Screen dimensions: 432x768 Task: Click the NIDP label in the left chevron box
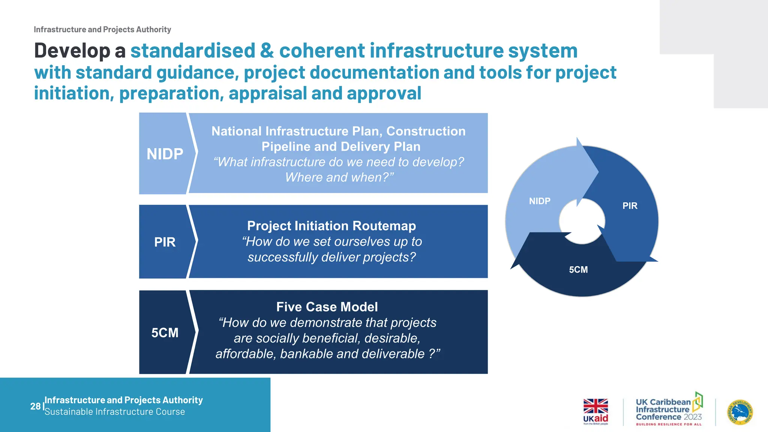[x=165, y=154]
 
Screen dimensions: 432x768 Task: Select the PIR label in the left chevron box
[x=165, y=242]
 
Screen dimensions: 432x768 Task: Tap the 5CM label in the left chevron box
[x=165, y=333]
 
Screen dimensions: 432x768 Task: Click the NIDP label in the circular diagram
[x=540, y=201]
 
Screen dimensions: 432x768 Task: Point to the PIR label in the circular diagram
[x=630, y=205]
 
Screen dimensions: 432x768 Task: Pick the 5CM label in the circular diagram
[x=578, y=270]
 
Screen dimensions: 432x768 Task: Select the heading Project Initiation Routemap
[x=331, y=226]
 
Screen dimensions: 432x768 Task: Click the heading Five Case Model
[x=327, y=307]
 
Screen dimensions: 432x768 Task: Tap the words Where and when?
[x=339, y=177]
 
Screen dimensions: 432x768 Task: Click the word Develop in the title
[x=72, y=51]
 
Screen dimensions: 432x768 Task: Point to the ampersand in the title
[x=267, y=51]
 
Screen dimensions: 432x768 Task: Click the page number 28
[x=35, y=406]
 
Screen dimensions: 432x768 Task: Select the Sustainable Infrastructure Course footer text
[x=115, y=412]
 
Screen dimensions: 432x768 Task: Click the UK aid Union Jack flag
[x=595, y=406]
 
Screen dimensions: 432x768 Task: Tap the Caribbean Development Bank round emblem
[x=740, y=412]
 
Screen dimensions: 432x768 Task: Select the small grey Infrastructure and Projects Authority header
[x=102, y=29]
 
